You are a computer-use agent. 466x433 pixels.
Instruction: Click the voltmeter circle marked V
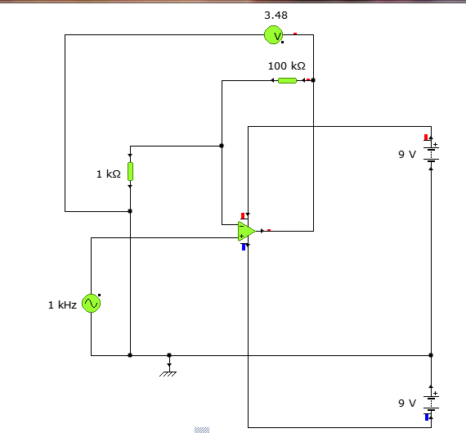[x=273, y=35]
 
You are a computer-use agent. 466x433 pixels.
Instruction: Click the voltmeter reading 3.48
[x=276, y=16]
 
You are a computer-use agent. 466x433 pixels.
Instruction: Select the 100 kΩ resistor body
[x=287, y=80]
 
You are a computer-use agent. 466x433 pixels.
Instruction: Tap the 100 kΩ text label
[x=286, y=65]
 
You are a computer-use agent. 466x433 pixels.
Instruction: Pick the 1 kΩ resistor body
[x=130, y=171]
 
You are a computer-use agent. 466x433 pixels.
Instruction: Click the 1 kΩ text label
[x=109, y=174]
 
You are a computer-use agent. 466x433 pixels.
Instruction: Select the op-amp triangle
[x=246, y=231]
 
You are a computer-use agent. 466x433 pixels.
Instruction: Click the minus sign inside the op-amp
[x=241, y=227]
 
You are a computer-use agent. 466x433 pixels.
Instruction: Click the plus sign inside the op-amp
[x=241, y=237]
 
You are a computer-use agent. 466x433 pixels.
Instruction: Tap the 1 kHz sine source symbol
[x=91, y=303]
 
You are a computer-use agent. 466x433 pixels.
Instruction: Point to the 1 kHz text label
[x=62, y=305]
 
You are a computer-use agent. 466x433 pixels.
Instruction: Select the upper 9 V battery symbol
[x=431, y=154]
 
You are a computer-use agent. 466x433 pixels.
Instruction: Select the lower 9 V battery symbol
[x=431, y=403]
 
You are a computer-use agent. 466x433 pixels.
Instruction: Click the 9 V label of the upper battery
[x=407, y=155]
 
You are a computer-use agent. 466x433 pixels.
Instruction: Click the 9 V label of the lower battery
[x=407, y=404]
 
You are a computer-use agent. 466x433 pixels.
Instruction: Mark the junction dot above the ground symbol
[x=169, y=355]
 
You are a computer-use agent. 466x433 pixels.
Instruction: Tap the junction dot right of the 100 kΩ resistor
[x=313, y=80]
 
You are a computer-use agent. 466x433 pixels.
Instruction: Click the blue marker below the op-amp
[x=244, y=247]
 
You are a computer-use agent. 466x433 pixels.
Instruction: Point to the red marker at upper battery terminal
[x=426, y=138]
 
